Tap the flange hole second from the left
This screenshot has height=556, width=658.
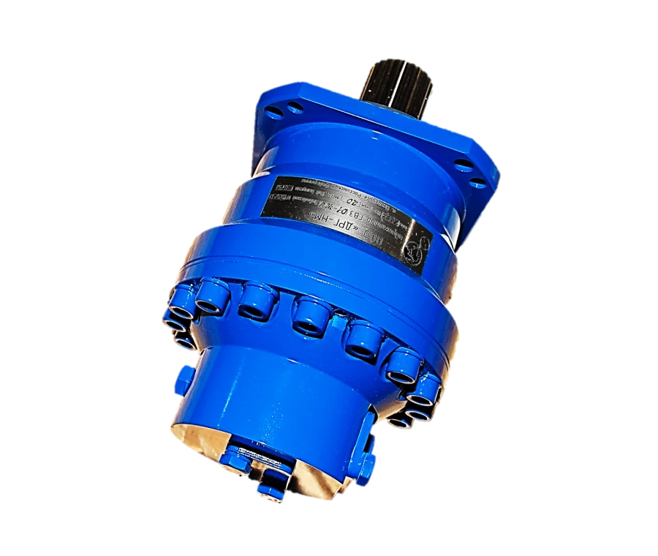pyautogui.click(x=294, y=110)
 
